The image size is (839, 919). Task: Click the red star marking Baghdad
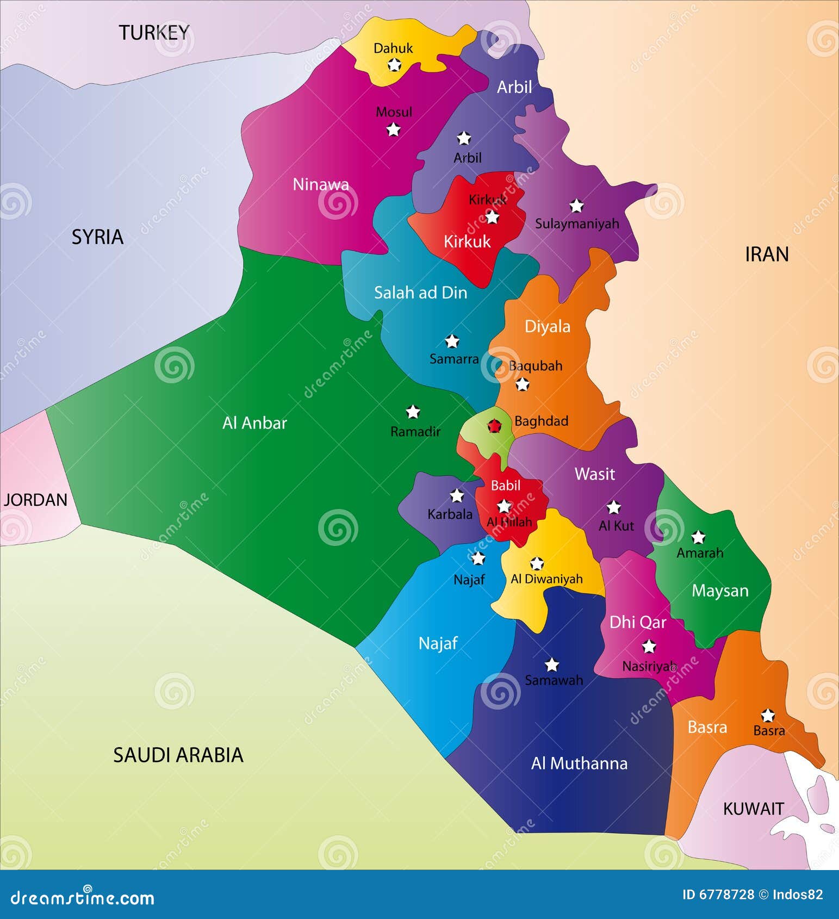coord(494,426)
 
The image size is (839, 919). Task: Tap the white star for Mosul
coord(393,130)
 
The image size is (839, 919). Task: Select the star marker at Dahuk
coord(394,65)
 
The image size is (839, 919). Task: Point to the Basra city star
coord(767,715)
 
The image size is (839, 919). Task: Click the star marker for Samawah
coord(552,665)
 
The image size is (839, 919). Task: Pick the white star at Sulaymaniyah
coord(576,206)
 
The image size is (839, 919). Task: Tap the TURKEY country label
coord(154,33)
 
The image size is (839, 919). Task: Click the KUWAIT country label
coord(753,809)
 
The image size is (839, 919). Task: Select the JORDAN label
coord(35,500)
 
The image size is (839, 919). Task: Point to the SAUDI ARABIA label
coord(178,755)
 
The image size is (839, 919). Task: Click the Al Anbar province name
coord(254,423)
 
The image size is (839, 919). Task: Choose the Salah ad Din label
coord(420,293)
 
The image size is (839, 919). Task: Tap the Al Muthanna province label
coord(579,763)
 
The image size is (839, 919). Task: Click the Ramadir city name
coord(415,432)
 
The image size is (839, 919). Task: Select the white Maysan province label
coord(720,591)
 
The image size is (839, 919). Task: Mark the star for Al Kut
coord(613,507)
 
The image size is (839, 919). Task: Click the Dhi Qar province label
coord(637,622)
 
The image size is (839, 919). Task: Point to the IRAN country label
coord(766,254)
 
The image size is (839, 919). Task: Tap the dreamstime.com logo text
coord(83,898)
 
